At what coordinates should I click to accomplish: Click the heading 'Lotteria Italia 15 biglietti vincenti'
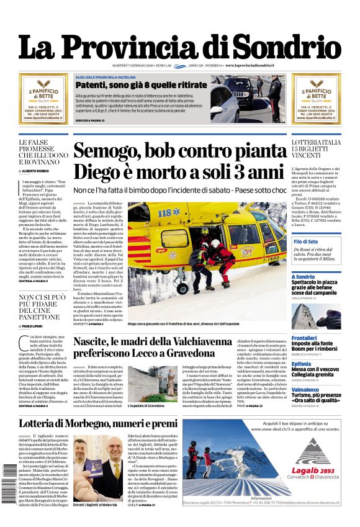tap(316, 151)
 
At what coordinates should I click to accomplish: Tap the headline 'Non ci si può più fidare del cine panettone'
tap(42, 306)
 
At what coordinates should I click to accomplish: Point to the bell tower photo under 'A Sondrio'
tap(325, 315)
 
